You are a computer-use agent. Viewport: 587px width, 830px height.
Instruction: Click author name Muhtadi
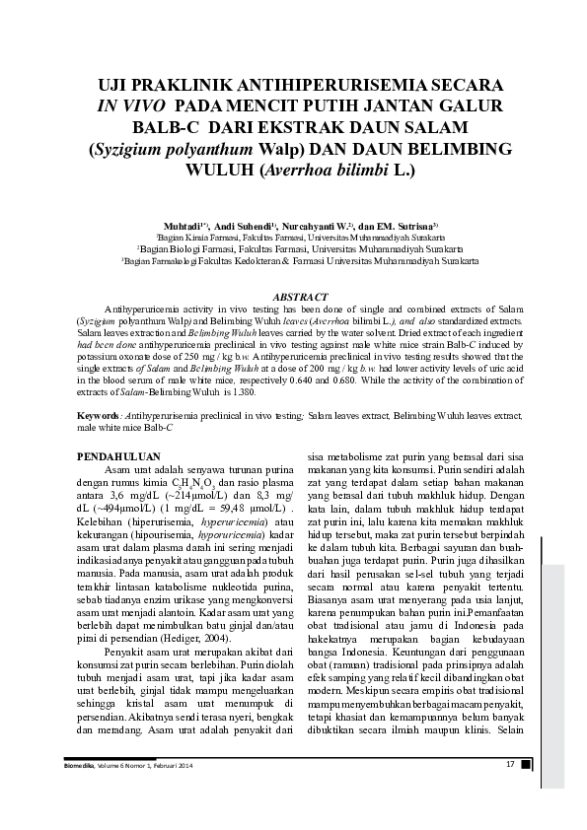coord(184,226)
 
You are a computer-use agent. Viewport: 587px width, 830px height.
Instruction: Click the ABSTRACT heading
coord(294,296)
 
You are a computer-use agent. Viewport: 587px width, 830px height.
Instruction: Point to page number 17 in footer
coord(511,763)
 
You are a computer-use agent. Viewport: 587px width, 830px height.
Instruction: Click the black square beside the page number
coord(526,763)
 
